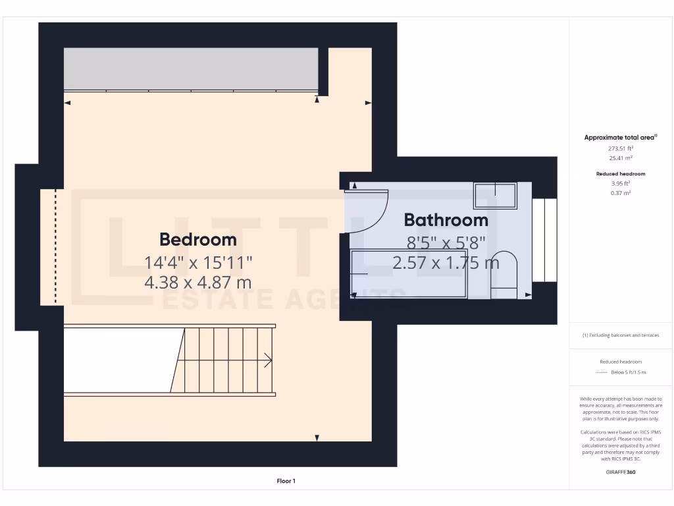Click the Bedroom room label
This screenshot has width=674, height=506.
pos(198,239)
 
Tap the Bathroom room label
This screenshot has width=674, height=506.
pos(446,219)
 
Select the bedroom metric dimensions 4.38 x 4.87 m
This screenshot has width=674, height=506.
pos(198,283)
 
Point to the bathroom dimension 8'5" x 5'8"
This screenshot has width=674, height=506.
pos(446,242)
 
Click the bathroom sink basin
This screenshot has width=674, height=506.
pos(495,196)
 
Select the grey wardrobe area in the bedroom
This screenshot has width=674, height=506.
pos(191,69)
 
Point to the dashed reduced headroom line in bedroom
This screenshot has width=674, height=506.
pos(56,247)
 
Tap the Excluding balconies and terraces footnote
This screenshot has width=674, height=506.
pos(621,335)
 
